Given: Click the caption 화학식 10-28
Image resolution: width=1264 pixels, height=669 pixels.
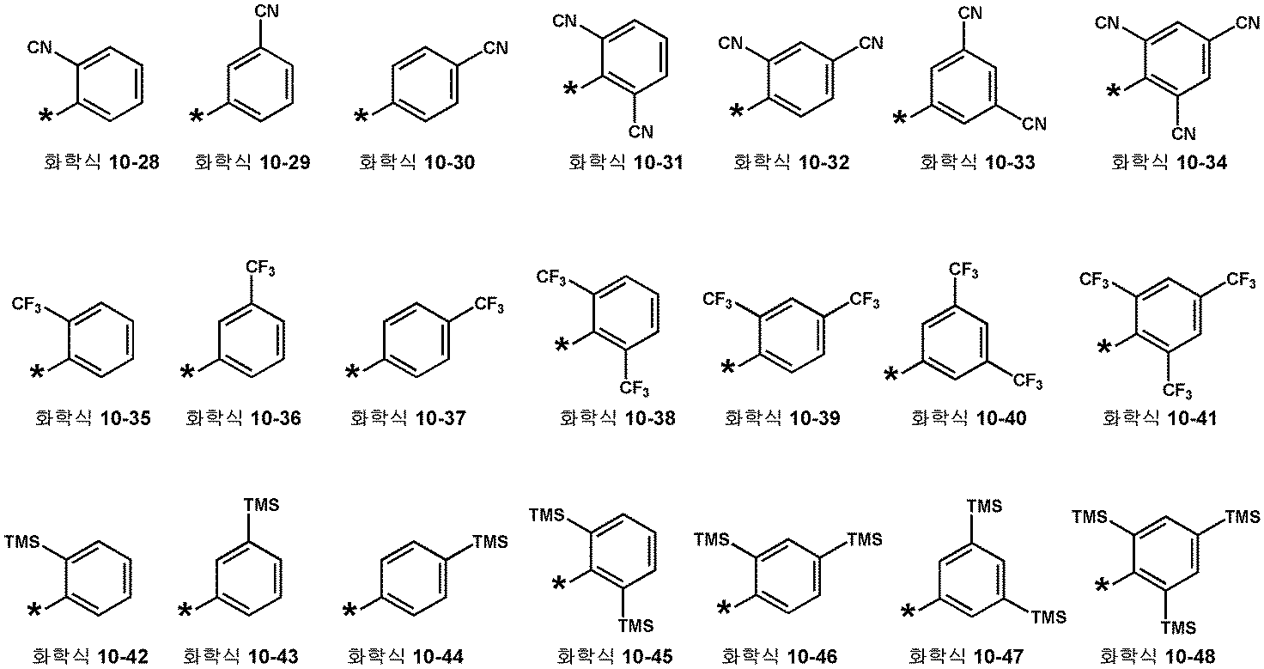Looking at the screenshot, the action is coord(101,162).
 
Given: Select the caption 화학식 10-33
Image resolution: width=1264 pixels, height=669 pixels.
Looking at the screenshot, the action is coord(977,162).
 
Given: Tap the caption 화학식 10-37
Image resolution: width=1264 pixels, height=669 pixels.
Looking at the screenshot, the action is coord(408,418).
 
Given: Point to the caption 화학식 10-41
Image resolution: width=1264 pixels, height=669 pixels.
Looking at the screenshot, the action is coord(1159,418).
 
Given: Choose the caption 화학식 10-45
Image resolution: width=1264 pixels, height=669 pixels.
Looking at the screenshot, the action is coord(615,657).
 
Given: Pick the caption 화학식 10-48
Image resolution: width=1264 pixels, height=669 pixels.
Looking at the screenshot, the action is coord(1158,657).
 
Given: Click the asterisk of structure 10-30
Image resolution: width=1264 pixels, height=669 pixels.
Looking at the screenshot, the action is coord(361,117).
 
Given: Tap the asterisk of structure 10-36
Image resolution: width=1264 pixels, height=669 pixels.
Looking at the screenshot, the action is coord(187,372).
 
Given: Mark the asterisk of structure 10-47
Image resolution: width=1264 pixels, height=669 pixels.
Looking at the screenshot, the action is coord(908,611).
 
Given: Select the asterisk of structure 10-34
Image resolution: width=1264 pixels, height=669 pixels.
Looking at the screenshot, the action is coord(1113,91).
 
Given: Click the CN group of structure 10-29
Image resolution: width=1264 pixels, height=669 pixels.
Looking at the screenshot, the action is coord(267,10).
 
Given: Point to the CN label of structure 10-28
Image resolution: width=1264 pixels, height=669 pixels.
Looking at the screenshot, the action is coord(39,47).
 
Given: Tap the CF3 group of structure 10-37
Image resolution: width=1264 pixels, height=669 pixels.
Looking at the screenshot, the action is coord(489,306).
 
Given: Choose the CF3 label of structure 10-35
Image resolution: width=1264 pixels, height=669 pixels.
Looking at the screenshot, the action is coord(27,306).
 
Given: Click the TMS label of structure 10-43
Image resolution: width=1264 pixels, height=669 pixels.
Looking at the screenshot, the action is coord(261,504).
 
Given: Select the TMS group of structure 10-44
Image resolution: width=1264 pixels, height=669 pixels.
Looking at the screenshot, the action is coord(490,542).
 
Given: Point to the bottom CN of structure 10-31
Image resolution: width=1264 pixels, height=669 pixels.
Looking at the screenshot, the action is coord(641,132).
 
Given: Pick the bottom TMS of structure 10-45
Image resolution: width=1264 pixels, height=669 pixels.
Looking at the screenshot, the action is coord(635,626).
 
